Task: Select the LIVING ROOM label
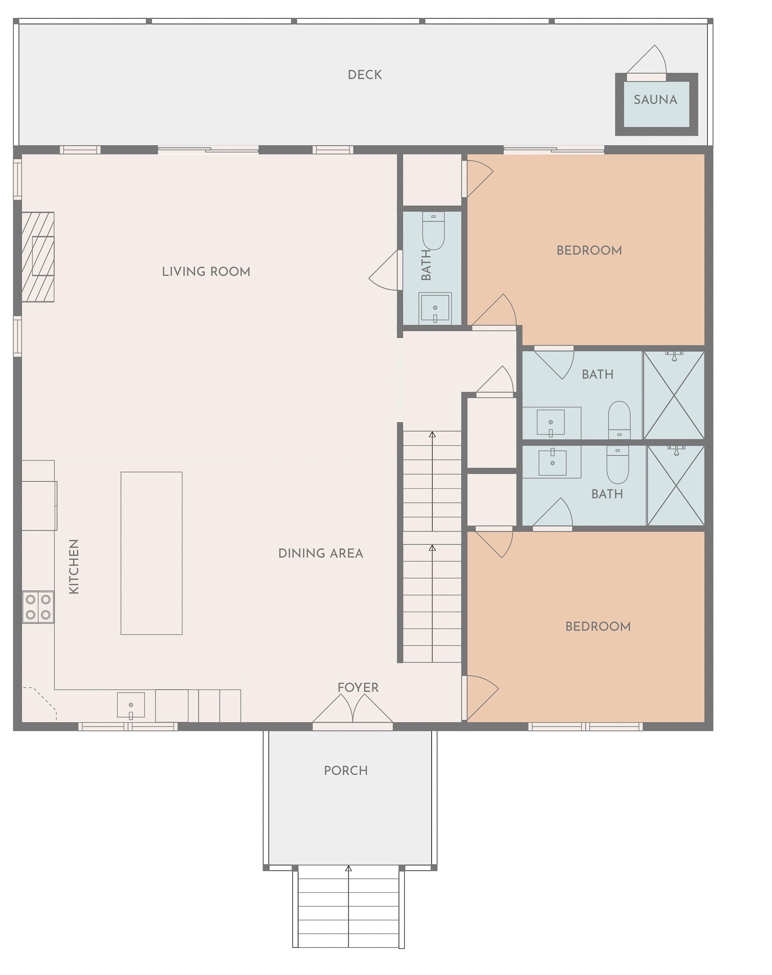(x=206, y=272)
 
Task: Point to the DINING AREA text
(x=321, y=553)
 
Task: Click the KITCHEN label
(x=74, y=566)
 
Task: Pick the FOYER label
(x=358, y=688)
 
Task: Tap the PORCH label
(x=346, y=771)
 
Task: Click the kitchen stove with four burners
(x=38, y=607)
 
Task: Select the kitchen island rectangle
(x=152, y=553)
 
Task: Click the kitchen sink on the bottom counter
(x=131, y=705)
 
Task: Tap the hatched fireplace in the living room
(x=38, y=257)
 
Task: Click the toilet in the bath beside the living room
(x=433, y=230)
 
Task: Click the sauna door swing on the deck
(x=647, y=62)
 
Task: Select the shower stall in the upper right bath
(x=674, y=395)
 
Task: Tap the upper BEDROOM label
(x=589, y=250)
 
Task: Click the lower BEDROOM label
(x=598, y=626)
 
